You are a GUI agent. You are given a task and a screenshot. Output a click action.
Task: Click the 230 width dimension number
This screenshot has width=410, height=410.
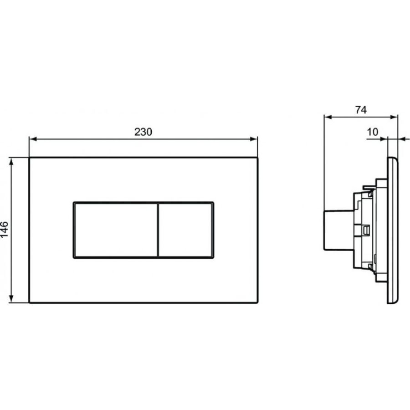tap(143, 132)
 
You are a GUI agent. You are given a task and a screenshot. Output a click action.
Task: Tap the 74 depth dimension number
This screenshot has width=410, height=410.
tap(361, 110)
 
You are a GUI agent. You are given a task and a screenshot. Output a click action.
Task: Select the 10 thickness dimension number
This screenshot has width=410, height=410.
tap(372, 132)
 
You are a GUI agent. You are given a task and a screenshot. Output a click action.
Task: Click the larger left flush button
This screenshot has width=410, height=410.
tap(116, 230)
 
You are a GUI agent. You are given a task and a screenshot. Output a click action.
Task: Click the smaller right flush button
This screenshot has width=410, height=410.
tap(186, 230)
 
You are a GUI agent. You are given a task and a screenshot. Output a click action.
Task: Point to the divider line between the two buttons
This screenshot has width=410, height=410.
tap(158, 230)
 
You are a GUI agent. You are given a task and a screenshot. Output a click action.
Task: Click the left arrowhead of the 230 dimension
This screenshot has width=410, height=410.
tap(33, 139)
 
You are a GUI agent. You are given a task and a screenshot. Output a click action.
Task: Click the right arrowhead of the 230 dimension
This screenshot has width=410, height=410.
tap(254, 139)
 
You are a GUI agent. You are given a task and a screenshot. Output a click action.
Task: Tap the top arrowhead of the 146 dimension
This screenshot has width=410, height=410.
tap(11, 162)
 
